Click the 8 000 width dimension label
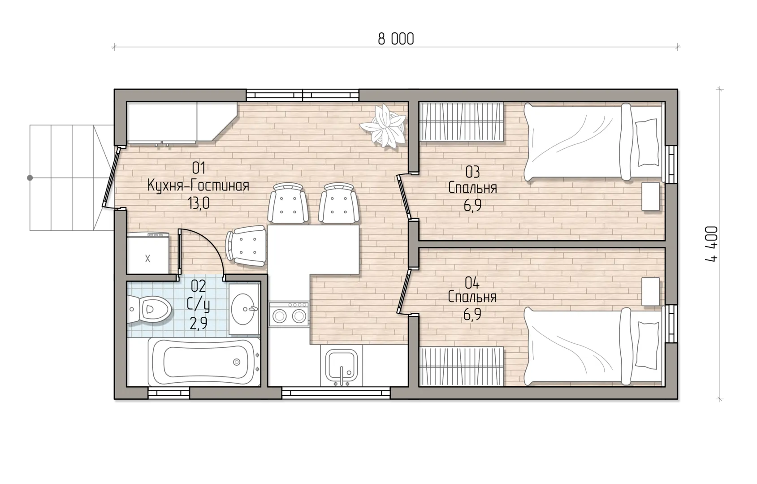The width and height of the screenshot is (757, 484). point(396,39)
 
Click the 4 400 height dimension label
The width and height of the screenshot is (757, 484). point(711,244)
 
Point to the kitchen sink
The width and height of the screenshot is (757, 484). point(342,367)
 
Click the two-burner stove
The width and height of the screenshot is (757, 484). point(289,315)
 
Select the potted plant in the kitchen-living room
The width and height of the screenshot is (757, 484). point(384,125)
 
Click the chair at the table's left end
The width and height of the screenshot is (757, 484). point(246,246)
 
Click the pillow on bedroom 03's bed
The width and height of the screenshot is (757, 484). point(647,143)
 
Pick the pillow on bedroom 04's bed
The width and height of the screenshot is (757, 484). point(648,344)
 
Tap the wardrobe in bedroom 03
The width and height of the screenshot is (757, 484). point(461,122)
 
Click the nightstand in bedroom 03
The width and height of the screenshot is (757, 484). point(651,196)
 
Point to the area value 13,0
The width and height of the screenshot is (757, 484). point(199,203)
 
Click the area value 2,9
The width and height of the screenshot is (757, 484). point(199,324)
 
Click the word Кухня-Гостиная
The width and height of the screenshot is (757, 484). point(199,186)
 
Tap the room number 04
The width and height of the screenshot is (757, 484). point(472,283)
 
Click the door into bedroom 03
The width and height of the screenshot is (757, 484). point(404,197)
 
